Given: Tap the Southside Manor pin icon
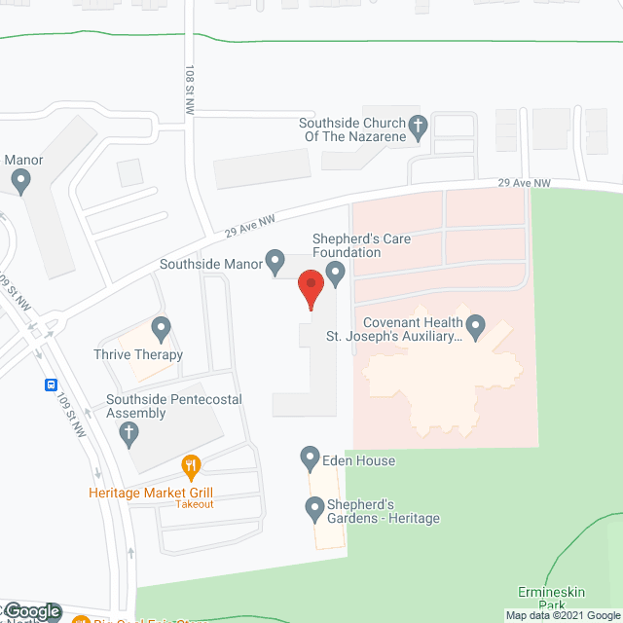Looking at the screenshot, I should (275, 261).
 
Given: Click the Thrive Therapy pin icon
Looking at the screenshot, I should (162, 330).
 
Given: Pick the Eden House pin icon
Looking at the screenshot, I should (310, 457).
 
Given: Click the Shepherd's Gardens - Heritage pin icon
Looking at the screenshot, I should (314, 507).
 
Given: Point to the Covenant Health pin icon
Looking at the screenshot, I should (476, 326).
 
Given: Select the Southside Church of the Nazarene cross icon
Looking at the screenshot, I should (418, 127).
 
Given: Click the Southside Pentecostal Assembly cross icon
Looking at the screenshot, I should (128, 434).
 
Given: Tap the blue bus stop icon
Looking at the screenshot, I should (51, 384).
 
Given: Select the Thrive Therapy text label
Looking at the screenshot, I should (138, 355).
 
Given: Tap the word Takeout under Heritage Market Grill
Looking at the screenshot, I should (194, 504).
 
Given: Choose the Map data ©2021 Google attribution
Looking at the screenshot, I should (563, 615).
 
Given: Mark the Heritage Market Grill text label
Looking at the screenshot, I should (151, 493).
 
